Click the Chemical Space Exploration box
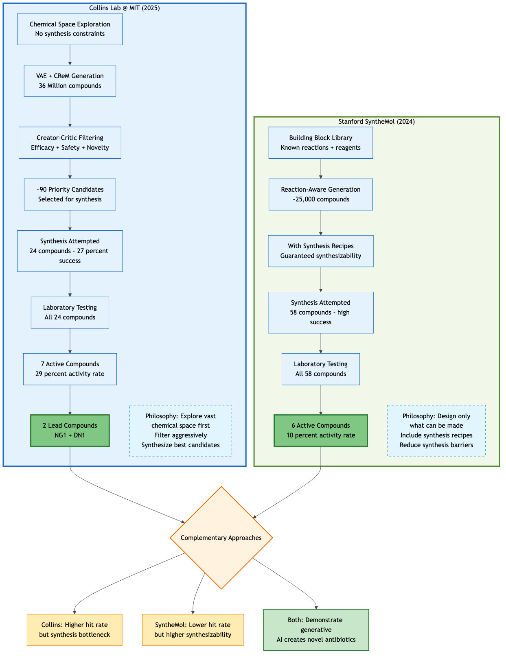pyautogui.click(x=70, y=29)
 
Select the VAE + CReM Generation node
pyautogui.click(x=70, y=81)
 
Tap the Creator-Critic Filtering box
pyautogui.click(x=70, y=142)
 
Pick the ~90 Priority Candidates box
pyautogui.click(x=70, y=194)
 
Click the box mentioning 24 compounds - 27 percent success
pyautogui.click(x=70, y=251)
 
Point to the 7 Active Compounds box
pyautogui.click(x=70, y=369)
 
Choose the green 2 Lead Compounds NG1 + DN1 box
pyautogui.click(x=70, y=431)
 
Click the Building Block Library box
pyautogui.click(x=320, y=142)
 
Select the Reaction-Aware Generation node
pyautogui.click(x=320, y=194)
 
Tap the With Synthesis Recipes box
pyautogui.click(x=320, y=251)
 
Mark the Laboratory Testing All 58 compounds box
pyautogui.click(x=320, y=369)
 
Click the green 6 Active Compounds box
pyautogui.click(x=320, y=431)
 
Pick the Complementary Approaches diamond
pyautogui.click(x=221, y=538)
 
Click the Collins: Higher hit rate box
pyautogui.click(x=74, y=630)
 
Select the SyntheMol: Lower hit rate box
pyautogui.click(x=193, y=630)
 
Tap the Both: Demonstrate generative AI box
pyautogui.click(x=316, y=630)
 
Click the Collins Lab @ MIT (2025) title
pyautogui.click(x=124, y=8)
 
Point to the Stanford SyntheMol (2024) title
pyautogui.click(x=377, y=121)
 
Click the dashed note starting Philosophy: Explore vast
pyautogui.click(x=180, y=431)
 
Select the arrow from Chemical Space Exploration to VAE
pyautogui.click(x=70, y=55)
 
